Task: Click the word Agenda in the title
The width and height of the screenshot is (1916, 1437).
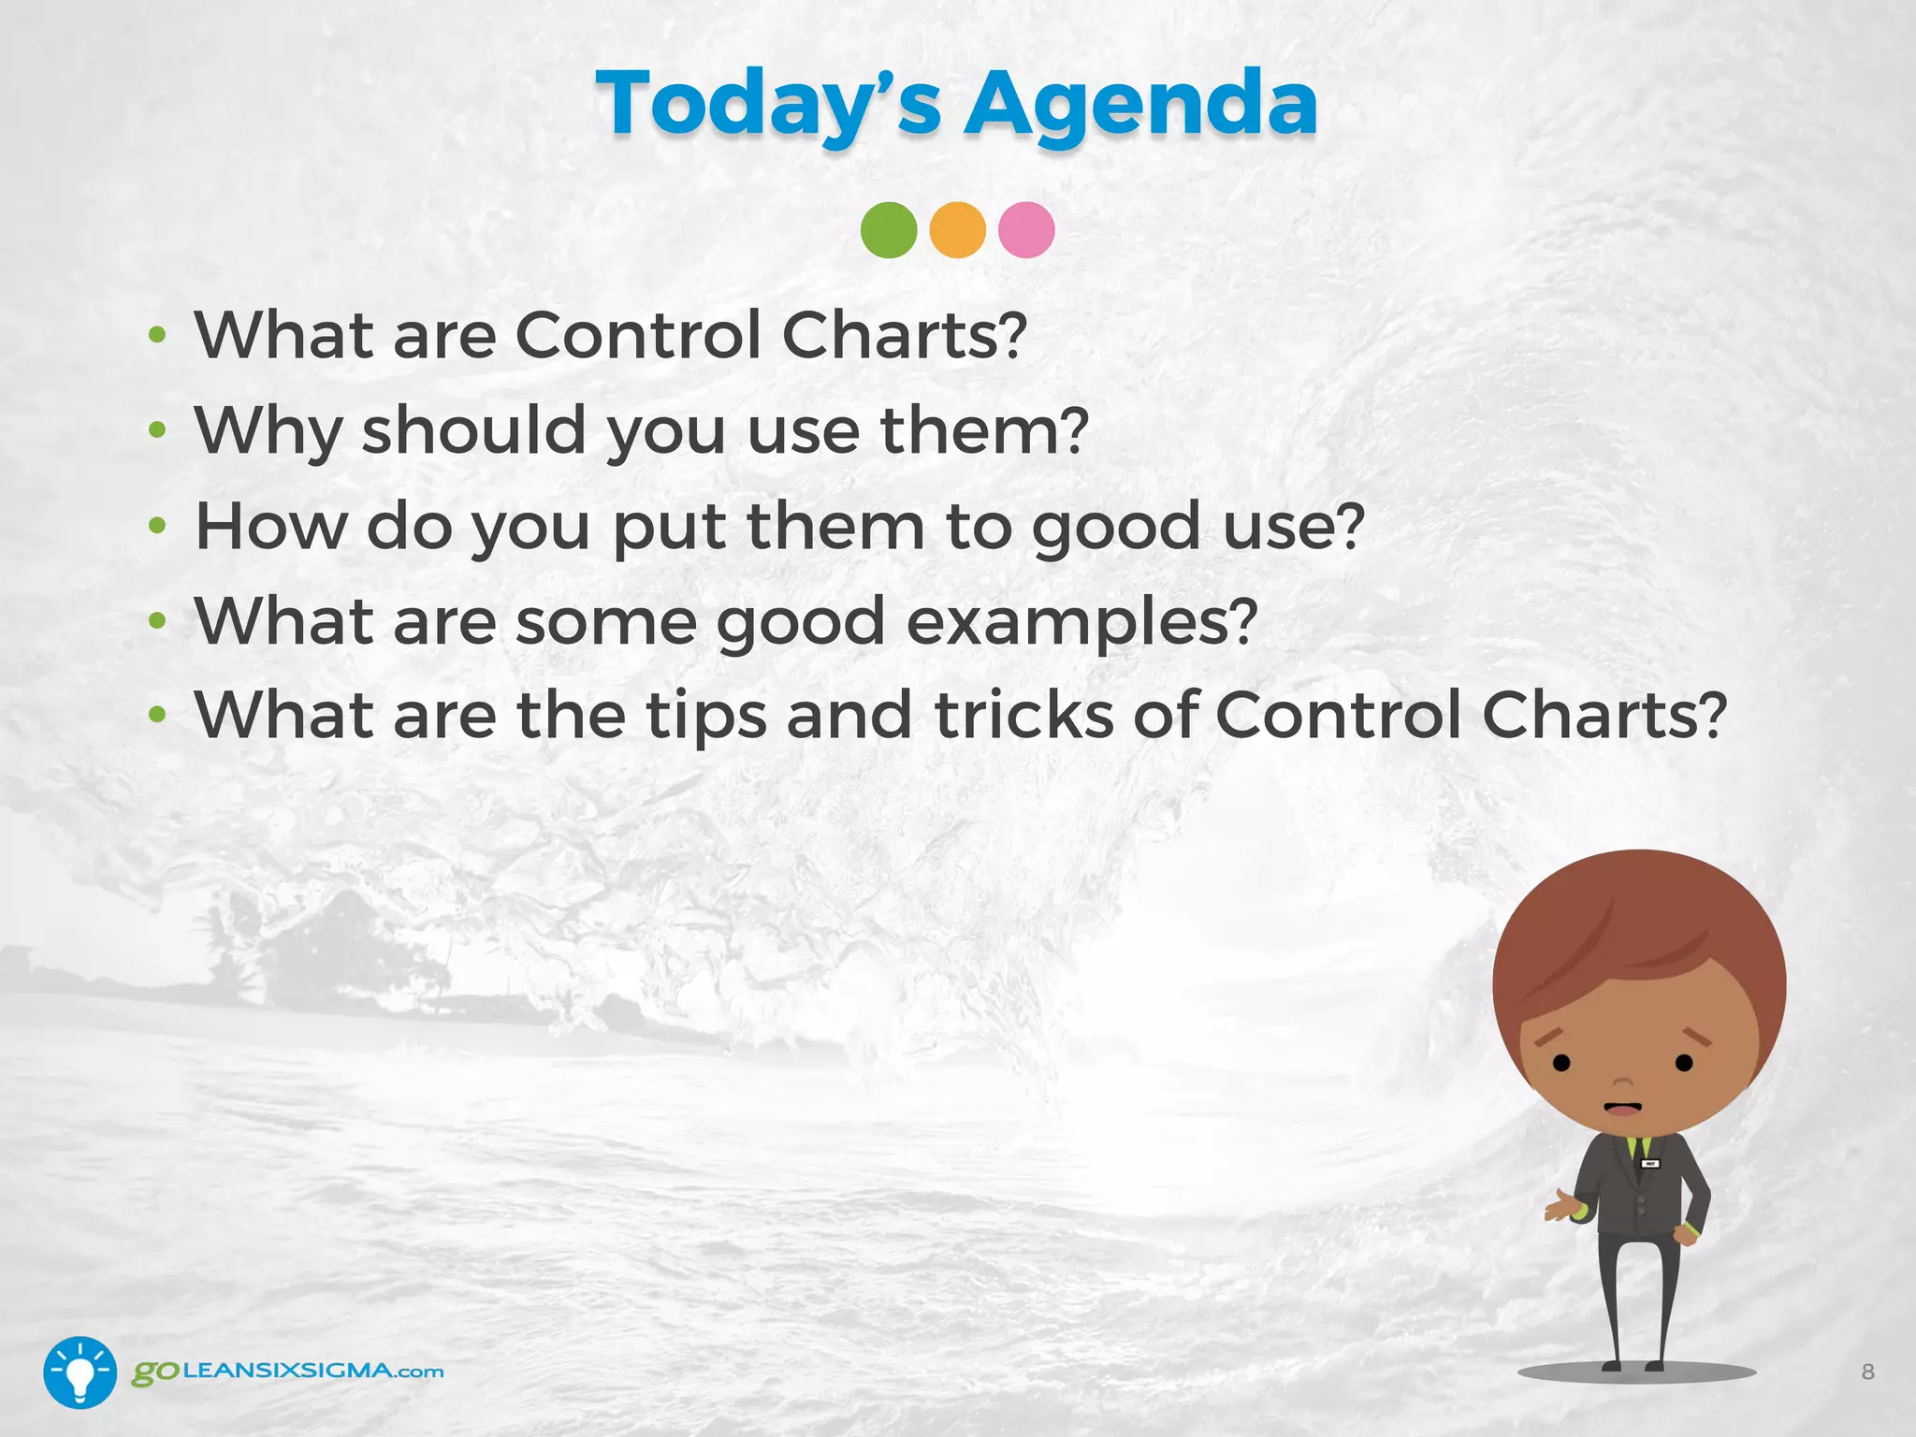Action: pos(1141,105)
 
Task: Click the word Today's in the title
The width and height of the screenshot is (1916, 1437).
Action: pos(767,105)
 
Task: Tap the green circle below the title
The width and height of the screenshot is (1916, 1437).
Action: pos(889,230)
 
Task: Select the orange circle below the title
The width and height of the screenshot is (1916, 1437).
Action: pos(957,230)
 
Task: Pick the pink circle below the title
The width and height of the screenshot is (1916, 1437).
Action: pos(1026,230)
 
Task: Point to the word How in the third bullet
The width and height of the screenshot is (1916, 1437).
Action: pos(270,526)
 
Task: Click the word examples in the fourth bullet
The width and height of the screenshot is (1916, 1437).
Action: pos(1081,622)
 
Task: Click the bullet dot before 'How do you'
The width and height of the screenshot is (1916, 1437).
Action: pos(157,526)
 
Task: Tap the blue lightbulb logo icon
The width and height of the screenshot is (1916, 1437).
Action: pos(80,1372)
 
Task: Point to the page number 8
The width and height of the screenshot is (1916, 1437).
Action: pos(1867,1372)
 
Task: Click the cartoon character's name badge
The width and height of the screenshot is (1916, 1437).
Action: pos(1650,1164)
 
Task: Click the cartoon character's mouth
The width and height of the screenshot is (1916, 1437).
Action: pos(1622,1109)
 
